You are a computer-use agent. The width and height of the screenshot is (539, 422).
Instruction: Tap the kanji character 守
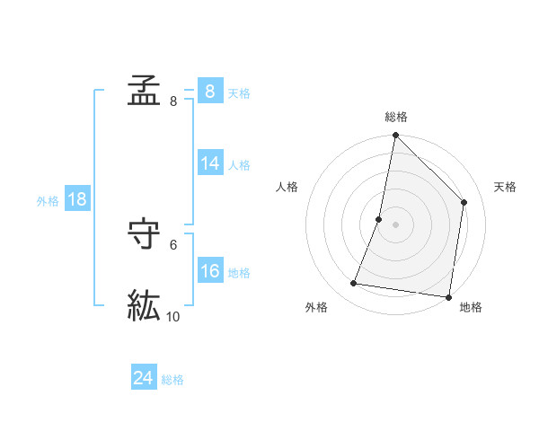point(144,234)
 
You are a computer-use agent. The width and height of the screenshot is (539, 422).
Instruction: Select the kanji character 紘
point(144,306)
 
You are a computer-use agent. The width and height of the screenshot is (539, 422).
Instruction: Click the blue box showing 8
point(209,92)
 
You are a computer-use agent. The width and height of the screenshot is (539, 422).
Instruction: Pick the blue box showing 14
point(209,163)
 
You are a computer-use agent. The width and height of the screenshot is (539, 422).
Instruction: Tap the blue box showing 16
point(209,271)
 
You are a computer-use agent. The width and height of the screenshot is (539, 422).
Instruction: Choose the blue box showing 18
point(77,199)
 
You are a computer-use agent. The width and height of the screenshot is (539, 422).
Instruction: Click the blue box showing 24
point(143,378)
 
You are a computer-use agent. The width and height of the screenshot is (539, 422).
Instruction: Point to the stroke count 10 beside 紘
point(173,316)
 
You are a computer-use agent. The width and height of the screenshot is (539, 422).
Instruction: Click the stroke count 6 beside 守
point(173,244)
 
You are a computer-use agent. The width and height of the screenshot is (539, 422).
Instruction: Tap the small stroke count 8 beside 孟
point(173,101)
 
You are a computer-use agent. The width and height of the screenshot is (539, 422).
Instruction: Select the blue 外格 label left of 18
point(48,201)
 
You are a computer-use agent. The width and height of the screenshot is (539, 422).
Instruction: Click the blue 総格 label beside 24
point(172,380)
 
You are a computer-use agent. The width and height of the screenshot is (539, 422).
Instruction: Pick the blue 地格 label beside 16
point(239,273)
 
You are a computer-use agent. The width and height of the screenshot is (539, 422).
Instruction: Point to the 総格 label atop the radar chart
point(395,117)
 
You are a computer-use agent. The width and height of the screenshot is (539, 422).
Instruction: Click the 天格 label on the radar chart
point(505,187)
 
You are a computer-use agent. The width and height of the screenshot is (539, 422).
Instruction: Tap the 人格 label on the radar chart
point(287,187)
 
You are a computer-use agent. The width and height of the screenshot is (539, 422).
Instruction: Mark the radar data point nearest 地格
point(448,296)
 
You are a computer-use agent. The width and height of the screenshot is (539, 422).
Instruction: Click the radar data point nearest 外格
point(354,284)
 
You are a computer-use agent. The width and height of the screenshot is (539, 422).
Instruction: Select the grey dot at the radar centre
point(395,224)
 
